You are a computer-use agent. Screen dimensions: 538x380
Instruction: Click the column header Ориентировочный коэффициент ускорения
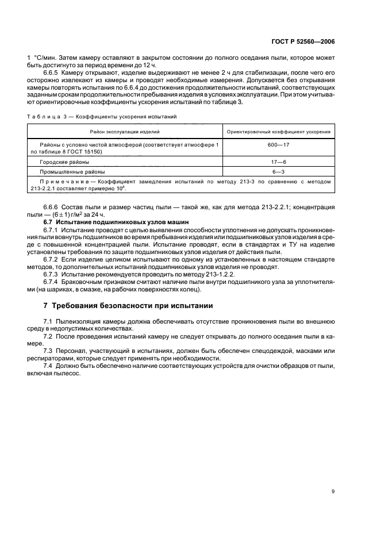point(279,132)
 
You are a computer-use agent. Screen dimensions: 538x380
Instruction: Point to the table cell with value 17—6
point(279,162)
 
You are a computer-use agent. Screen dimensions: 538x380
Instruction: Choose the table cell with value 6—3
point(279,172)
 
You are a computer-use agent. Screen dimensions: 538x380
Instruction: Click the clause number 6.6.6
point(52,206)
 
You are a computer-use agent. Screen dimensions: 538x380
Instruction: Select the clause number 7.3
point(48,350)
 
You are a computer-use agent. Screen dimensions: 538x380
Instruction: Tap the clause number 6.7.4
point(52,282)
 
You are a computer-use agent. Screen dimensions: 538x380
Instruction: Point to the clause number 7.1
point(48,320)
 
